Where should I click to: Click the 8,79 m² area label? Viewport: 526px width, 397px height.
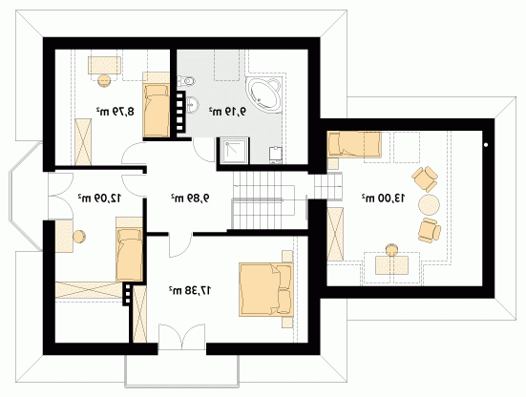coord(116,112)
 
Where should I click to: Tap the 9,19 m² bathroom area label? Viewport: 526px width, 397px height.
coord(227,112)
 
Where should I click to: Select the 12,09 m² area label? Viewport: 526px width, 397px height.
coord(99,198)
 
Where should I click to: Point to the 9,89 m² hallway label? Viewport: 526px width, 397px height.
coord(190,198)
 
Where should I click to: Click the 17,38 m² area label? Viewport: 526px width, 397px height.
coord(190,290)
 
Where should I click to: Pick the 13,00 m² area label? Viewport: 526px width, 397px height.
coord(383,198)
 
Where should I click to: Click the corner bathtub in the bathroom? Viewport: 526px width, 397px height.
coord(263,94)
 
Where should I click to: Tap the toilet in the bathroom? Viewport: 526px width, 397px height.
coord(186,80)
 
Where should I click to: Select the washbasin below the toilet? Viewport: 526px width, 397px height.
coord(192,104)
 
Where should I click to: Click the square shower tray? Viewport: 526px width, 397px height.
coord(233,151)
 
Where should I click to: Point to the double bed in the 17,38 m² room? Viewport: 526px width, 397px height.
coord(266,289)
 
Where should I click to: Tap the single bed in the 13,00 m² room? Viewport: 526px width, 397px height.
coord(354,144)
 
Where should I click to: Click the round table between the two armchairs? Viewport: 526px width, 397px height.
coord(429,204)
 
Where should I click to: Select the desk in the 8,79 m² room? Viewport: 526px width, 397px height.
coord(104,65)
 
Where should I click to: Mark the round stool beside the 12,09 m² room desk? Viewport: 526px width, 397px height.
coord(79,237)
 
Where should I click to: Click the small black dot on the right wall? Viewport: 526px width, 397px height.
coord(486,145)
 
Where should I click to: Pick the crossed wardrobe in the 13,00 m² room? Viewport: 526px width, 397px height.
coord(335,234)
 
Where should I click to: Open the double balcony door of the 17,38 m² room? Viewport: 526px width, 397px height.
coord(181,337)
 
